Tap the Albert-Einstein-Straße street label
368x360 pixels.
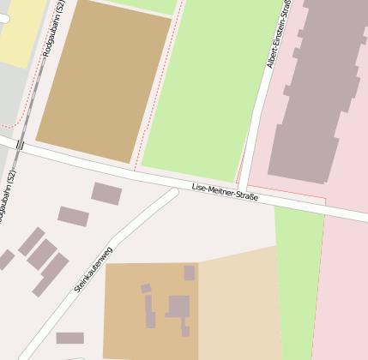click(x=278, y=34)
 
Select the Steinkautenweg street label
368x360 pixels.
click(x=94, y=269)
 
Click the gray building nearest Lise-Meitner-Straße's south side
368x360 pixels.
click(x=106, y=194)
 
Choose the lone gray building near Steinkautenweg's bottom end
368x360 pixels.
click(x=69, y=338)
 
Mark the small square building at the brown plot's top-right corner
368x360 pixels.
click(x=190, y=273)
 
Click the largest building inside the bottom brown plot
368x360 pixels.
click(x=178, y=306)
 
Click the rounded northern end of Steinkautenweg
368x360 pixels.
click(x=172, y=194)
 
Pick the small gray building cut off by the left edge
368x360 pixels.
click(x=5, y=258)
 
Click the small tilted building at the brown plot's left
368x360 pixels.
click(x=146, y=289)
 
